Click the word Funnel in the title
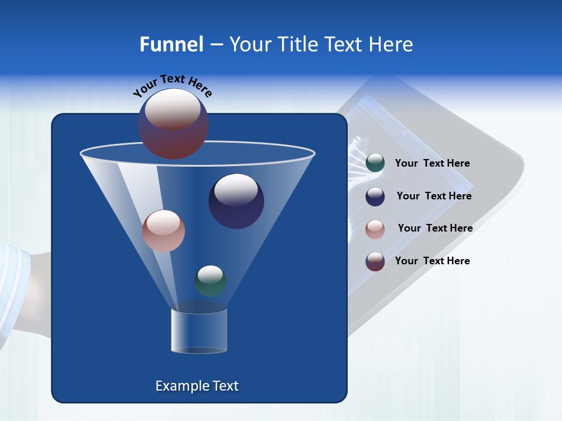pyautogui.click(x=171, y=44)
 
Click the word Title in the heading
pyautogui.click(x=296, y=44)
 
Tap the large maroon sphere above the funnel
pyautogui.click(x=173, y=123)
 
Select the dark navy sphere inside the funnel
pyautogui.click(x=236, y=202)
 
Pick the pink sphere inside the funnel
pyautogui.click(x=163, y=231)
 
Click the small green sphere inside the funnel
pyautogui.click(x=210, y=281)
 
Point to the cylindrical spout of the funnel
pyautogui.click(x=199, y=332)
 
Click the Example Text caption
pyautogui.click(x=197, y=386)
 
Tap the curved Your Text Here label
pyautogui.click(x=172, y=85)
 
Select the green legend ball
pyautogui.click(x=375, y=163)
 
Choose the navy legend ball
pyautogui.click(x=375, y=196)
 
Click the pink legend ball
pyautogui.click(x=375, y=229)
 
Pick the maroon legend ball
pyautogui.click(x=375, y=261)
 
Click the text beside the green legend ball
pyautogui.click(x=432, y=164)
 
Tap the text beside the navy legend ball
pyautogui.click(x=434, y=196)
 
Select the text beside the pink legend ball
pyautogui.click(x=435, y=229)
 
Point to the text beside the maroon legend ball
pyautogui.click(x=432, y=261)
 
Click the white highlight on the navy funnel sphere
pyautogui.click(x=236, y=189)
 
